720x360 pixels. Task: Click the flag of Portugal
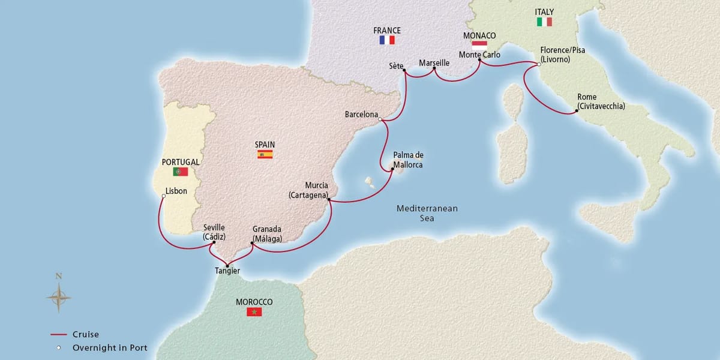click(x=180, y=172)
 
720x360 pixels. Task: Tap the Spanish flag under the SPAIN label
click(x=265, y=154)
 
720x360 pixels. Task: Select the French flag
click(x=386, y=40)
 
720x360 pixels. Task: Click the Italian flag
click(x=544, y=22)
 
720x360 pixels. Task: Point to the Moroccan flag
click(x=254, y=312)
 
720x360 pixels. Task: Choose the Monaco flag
click(x=479, y=44)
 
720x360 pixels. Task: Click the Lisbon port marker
click(x=164, y=196)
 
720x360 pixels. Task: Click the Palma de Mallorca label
click(x=408, y=160)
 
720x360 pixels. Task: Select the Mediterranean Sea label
click(x=427, y=214)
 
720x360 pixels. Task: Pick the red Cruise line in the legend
click(x=59, y=335)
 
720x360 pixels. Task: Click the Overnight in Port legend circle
click(x=59, y=347)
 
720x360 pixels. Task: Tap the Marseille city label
click(x=434, y=62)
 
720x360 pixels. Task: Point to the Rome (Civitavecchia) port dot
click(x=571, y=112)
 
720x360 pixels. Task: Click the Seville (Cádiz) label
click(x=214, y=232)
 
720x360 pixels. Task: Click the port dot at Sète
click(x=404, y=71)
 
